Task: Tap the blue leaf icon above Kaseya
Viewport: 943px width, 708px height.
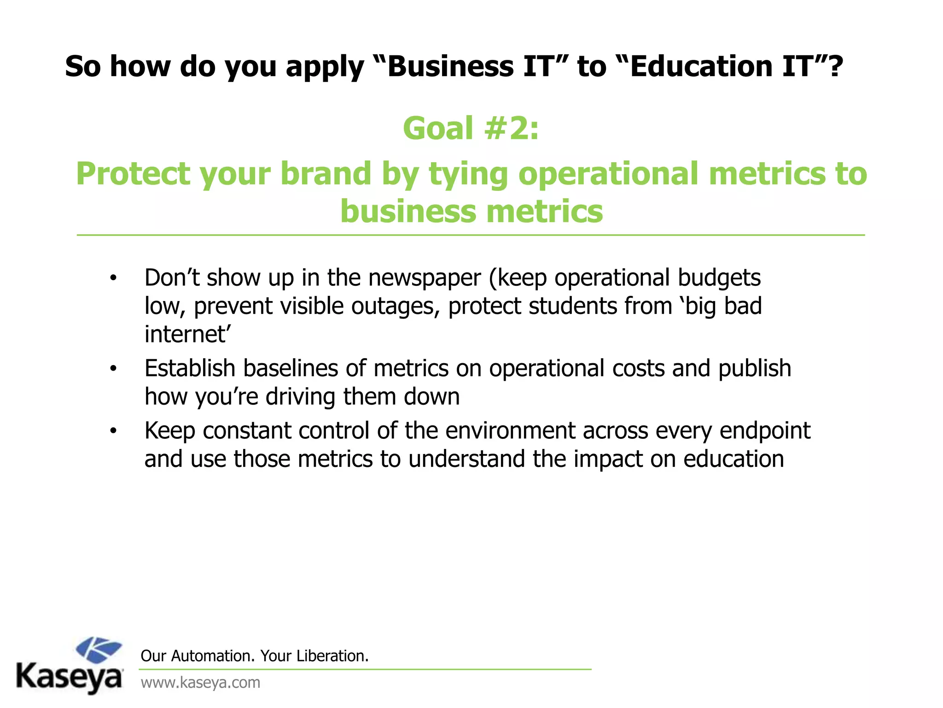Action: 99,650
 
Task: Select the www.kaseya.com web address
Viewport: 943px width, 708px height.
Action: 200,683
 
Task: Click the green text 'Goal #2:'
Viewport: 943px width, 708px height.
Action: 471,129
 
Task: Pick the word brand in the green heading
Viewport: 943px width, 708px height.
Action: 326,174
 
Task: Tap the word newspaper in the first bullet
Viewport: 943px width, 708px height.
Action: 425,278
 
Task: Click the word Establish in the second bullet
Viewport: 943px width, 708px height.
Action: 190,368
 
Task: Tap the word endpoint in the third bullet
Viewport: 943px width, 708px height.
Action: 764,431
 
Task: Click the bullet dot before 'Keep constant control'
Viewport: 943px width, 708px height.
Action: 113,431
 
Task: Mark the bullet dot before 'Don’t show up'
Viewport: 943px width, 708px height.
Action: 113,278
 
